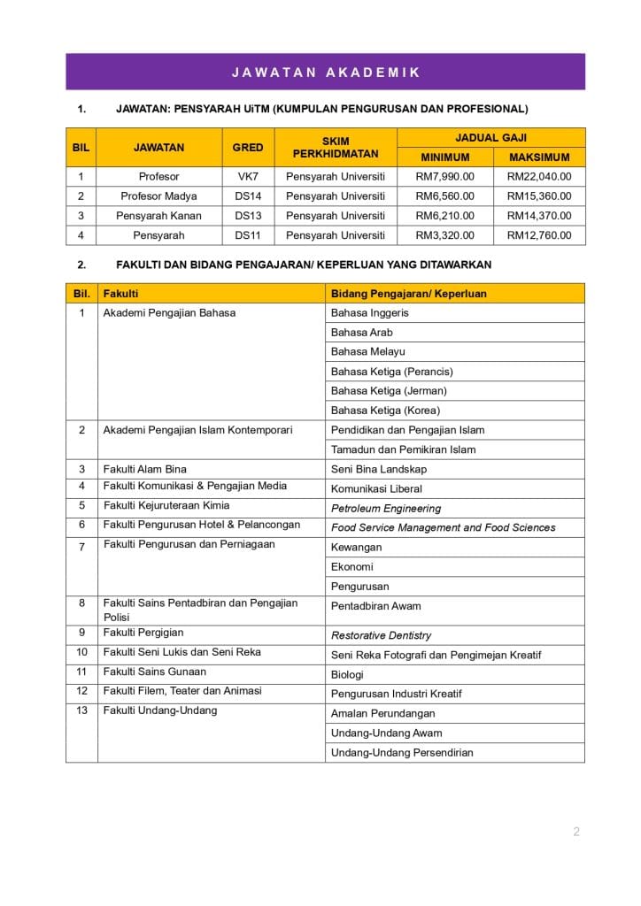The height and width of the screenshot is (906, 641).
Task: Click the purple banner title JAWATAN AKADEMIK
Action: [325, 73]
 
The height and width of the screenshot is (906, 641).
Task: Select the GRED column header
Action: [248, 148]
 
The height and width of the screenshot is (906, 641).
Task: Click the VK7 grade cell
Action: [248, 177]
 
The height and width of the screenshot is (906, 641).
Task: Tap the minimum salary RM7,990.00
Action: [444, 177]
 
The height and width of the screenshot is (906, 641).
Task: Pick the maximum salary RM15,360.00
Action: [539, 196]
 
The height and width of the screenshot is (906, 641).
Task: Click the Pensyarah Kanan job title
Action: [158, 216]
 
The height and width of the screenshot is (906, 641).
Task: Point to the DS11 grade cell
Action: [248, 235]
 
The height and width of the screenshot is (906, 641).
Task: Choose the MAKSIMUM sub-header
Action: [539, 157]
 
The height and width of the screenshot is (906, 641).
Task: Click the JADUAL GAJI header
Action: [490, 138]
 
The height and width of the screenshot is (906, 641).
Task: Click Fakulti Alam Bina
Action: [145, 469]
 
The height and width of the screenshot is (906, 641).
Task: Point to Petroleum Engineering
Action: [386, 509]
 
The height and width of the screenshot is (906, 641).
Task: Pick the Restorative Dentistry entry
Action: [382, 635]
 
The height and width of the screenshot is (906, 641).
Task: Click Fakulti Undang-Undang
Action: [160, 710]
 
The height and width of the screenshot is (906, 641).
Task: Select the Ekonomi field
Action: [352, 567]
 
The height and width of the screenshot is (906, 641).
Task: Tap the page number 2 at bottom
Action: [576, 831]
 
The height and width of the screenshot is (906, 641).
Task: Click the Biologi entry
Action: [347, 674]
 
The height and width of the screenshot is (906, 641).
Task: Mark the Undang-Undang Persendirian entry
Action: [402, 753]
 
